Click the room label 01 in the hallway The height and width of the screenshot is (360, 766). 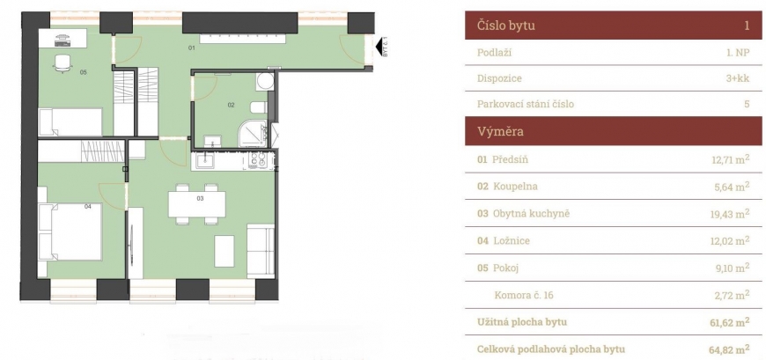pyautogui.click(x=192, y=48)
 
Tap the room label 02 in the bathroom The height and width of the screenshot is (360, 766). pyautogui.click(x=231, y=105)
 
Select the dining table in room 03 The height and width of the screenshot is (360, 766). pyautogui.click(x=197, y=204)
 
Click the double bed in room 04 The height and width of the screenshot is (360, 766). pyautogui.click(x=70, y=232)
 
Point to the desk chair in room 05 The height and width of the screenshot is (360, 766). pyautogui.click(x=63, y=63)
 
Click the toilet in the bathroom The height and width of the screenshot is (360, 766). pyautogui.click(x=259, y=107)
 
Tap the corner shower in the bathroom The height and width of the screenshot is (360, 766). pyautogui.click(x=253, y=133)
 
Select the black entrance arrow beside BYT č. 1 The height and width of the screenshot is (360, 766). pyautogui.click(x=379, y=48)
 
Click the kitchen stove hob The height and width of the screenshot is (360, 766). pyautogui.click(x=257, y=159)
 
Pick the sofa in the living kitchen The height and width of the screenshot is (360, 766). pyautogui.click(x=261, y=251)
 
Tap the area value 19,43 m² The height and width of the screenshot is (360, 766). pyautogui.click(x=730, y=214)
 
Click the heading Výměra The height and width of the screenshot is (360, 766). pyautogui.click(x=500, y=131)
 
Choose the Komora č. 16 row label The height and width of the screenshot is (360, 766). pyautogui.click(x=524, y=295)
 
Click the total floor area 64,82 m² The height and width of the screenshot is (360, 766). pyautogui.click(x=729, y=349)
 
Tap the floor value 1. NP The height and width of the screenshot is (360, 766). pyautogui.click(x=738, y=53)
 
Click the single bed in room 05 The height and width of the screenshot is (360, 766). pyautogui.click(x=70, y=121)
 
